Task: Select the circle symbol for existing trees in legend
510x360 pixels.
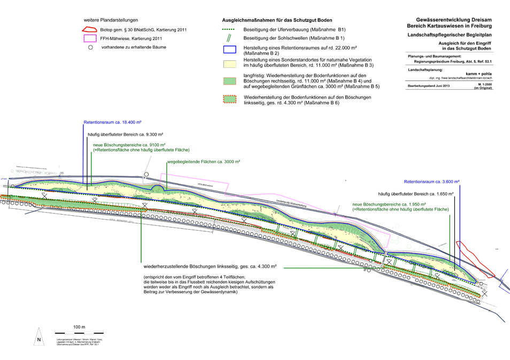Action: pyautogui.click(x=90, y=48)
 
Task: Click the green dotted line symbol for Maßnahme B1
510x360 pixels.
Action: pyautogui.click(x=228, y=29)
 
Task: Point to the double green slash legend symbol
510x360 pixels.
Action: pyautogui.click(x=229, y=38)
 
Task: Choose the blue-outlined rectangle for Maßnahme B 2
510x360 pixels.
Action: pyautogui.click(x=228, y=50)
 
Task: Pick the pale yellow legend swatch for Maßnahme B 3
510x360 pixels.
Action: pyautogui.click(x=228, y=64)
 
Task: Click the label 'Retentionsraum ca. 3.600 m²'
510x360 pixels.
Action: pyautogui.click(x=431, y=182)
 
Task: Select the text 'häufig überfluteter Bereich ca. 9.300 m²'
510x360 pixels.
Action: pyautogui.click(x=126, y=135)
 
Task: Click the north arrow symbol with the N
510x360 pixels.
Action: pyautogui.click(x=38, y=340)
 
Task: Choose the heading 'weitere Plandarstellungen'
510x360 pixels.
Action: pyautogui.click(x=114, y=20)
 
